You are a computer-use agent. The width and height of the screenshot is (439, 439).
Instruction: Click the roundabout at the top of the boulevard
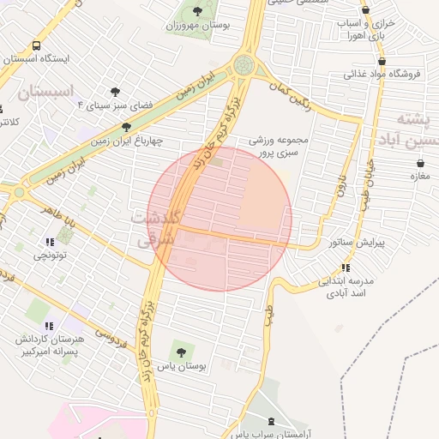click(244, 64)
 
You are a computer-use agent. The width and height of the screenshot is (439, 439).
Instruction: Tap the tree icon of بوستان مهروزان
click(198, 11)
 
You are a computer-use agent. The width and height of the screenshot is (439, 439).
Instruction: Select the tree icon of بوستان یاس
click(179, 352)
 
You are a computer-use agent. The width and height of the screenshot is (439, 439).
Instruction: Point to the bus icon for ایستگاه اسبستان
click(36, 45)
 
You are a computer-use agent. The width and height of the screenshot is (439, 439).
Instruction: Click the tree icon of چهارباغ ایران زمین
click(127, 127)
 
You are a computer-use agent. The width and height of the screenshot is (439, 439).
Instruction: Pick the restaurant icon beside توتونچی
click(50, 242)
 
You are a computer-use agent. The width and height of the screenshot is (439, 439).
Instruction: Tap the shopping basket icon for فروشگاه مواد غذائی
click(381, 61)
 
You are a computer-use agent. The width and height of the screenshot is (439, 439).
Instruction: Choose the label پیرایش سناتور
click(358, 243)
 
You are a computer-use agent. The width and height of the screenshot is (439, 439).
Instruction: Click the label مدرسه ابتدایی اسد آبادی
click(348, 286)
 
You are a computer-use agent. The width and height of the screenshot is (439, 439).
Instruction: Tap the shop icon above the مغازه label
click(420, 163)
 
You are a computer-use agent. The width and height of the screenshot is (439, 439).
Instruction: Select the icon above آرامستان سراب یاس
click(273, 420)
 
